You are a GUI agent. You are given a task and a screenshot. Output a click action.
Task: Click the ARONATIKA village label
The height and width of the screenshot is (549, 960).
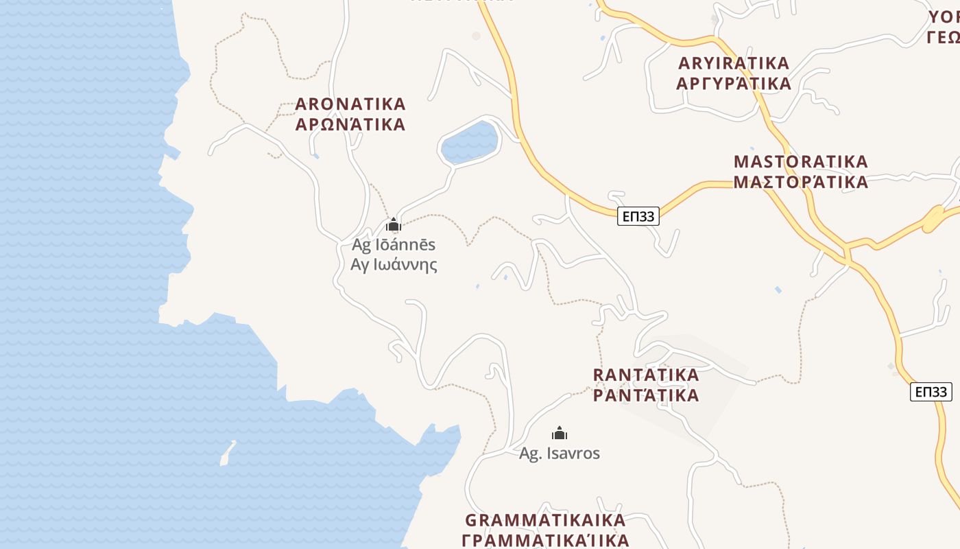[350, 104]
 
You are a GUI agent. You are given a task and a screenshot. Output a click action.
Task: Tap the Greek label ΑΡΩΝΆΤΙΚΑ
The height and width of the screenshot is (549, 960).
[350, 125]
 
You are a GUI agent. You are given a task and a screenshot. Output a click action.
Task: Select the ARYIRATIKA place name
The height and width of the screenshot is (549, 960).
[734, 63]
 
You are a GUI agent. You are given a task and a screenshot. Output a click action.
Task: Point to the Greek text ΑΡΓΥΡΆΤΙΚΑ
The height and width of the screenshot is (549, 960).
[734, 84]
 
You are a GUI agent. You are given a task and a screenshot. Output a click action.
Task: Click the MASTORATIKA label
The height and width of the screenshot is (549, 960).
[801, 162]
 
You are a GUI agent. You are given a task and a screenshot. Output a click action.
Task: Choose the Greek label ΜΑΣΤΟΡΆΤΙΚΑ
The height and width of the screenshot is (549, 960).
[801, 183]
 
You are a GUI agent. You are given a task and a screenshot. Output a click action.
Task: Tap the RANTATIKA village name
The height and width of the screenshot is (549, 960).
[646, 375]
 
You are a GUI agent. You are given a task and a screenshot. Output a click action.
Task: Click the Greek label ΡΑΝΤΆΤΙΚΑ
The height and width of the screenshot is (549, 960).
[646, 395]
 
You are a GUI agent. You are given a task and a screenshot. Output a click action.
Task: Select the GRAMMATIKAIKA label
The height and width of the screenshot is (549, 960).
[545, 519]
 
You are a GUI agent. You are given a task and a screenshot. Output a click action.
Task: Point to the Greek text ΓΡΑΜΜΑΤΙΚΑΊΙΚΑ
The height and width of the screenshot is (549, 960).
[545, 540]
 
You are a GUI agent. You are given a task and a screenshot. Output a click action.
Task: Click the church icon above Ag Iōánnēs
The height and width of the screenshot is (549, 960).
[394, 224]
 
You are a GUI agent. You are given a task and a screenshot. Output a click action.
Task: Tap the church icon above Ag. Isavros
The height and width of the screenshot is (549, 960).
[560, 433]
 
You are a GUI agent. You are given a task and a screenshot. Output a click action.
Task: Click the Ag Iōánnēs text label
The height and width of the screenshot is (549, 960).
[394, 244]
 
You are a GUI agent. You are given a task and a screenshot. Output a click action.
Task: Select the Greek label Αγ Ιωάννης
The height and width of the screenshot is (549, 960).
[394, 264]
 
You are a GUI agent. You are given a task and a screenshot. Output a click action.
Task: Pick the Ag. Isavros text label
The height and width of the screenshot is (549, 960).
[560, 454]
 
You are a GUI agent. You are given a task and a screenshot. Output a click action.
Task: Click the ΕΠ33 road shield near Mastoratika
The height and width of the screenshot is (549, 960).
[638, 217]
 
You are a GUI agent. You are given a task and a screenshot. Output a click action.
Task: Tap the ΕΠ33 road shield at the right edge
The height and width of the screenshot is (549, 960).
[931, 392]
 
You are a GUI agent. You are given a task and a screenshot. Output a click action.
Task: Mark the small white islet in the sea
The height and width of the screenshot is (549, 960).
[227, 454]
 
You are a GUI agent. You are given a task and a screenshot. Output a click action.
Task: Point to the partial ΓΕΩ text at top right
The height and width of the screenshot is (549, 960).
[944, 37]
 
